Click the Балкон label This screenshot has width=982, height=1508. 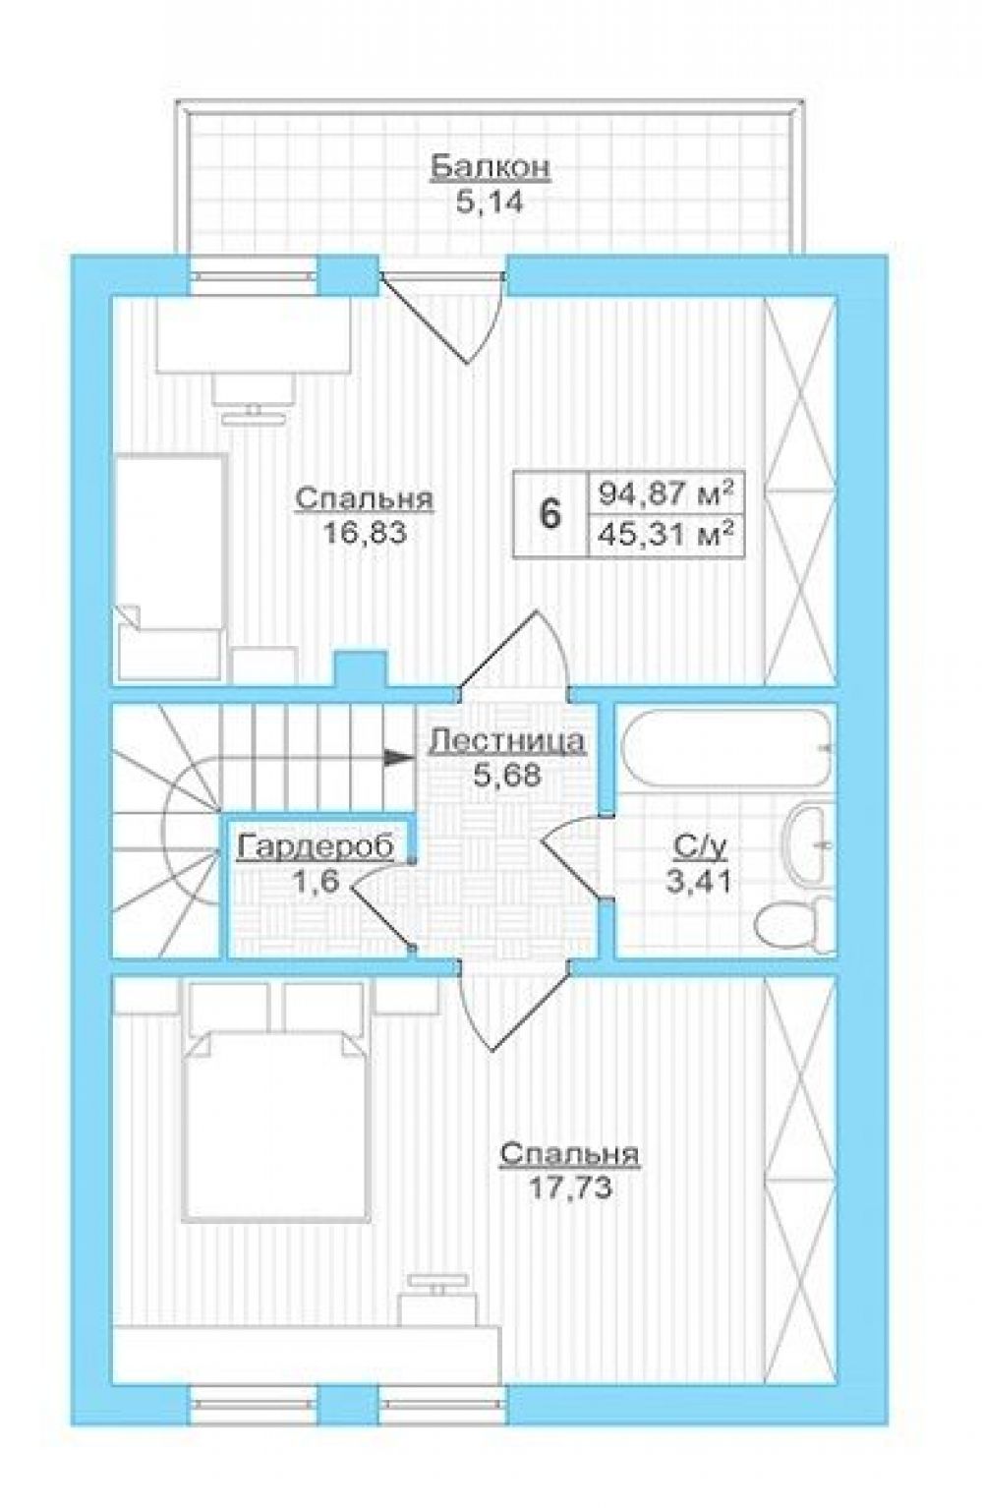point(490,167)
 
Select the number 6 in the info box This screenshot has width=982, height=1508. point(549,514)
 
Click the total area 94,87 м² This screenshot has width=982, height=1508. point(664,494)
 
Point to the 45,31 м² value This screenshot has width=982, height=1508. point(664,537)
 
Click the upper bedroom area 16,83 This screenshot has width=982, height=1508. point(366,533)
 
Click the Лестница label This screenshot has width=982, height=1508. point(507,740)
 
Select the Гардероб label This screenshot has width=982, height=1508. point(315,847)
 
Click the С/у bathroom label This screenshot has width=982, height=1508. point(699,848)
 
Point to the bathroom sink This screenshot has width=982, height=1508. point(809,843)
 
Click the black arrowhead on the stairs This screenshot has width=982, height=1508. point(398,757)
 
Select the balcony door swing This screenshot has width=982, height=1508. point(443,317)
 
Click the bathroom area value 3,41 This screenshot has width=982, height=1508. point(699,881)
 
